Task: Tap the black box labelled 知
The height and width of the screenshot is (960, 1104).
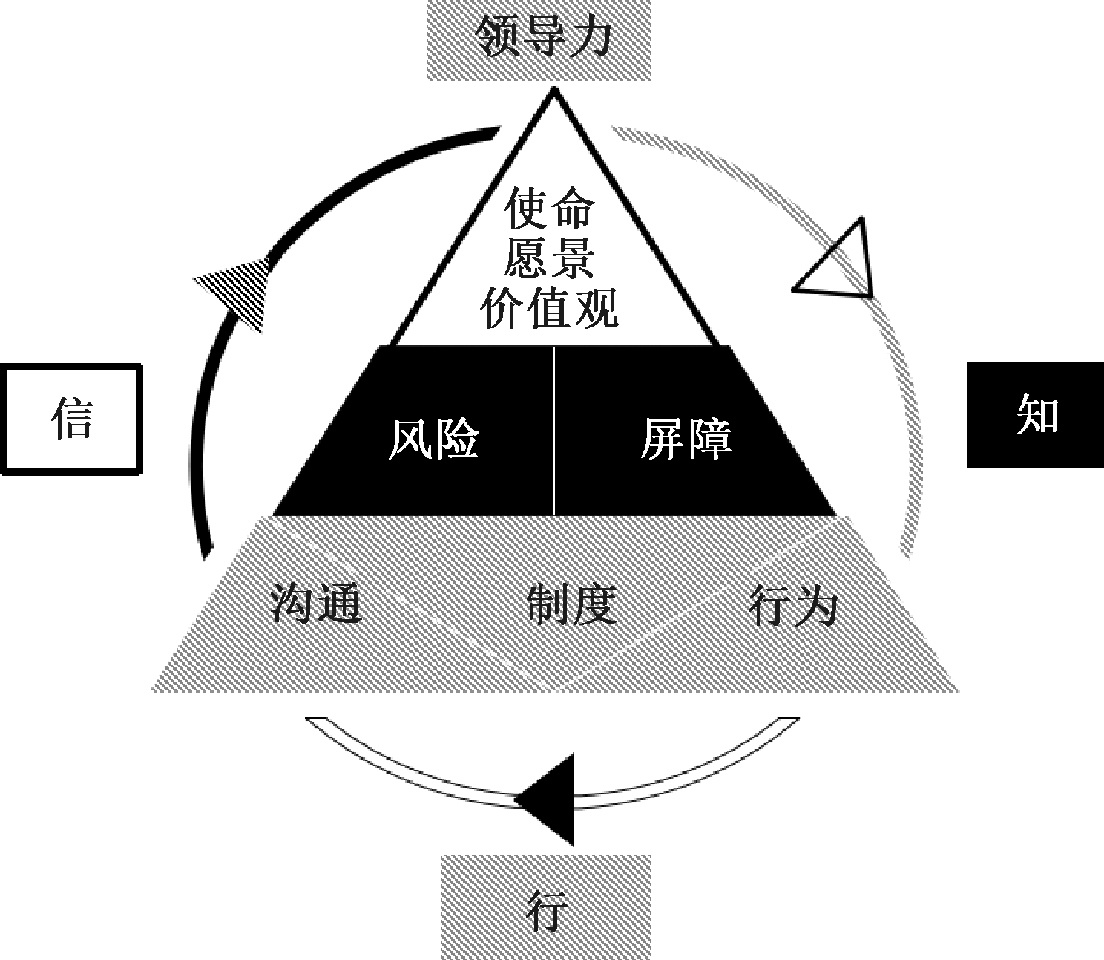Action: pos(1036,415)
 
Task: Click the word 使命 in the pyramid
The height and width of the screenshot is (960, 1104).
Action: pos(549,209)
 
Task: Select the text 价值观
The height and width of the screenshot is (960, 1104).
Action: pos(549,307)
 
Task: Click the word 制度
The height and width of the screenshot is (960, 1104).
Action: pos(572,604)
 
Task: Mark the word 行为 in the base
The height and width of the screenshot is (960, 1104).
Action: pos(794,604)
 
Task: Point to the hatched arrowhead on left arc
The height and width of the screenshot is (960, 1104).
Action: pos(236,291)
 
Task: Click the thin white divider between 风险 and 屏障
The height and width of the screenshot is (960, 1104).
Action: pos(554,431)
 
